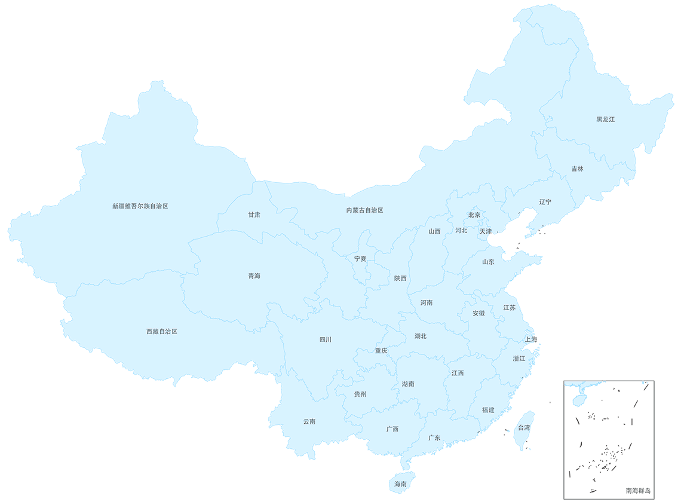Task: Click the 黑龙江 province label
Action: pyautogui.click(x=605, y=120)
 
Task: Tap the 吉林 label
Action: pyautogui.click(x=577, y=169)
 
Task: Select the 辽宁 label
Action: pyautogui.click(x=545, y=202)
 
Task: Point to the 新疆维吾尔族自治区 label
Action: pyautogui.click(x=140, y=206)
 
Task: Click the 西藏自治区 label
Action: pyautogui.click(x=162, y=331)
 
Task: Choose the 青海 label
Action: pyautogui.click(x=254, y=276)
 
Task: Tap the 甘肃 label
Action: pyautogui.click(x=254, y=215)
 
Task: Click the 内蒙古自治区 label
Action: pyautogui.click(x=364, y=210)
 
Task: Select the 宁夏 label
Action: pyautogui.click(x=360, y=259)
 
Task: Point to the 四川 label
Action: pyautogui.click(x=325, y=339)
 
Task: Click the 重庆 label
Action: pyautogui.click(x=381, y=351)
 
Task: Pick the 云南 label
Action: pyautogui.click(x=309, y=421)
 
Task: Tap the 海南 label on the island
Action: pyautogui.click(x=400, y=484)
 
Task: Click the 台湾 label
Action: pyautogui.click(x=523, y=428)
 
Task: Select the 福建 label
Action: pyautogui.click(x=488, y=410)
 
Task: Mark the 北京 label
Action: pyautogui.click(x=474, y=215)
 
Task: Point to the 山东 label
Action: pyautogui.click(x=488, y=262)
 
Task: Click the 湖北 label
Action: pyautogui.click(x=421, y=336)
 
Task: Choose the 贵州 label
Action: pyautogui.click(x=360, y=394)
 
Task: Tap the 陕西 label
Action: pyautogui.click(x=400, y=278)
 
